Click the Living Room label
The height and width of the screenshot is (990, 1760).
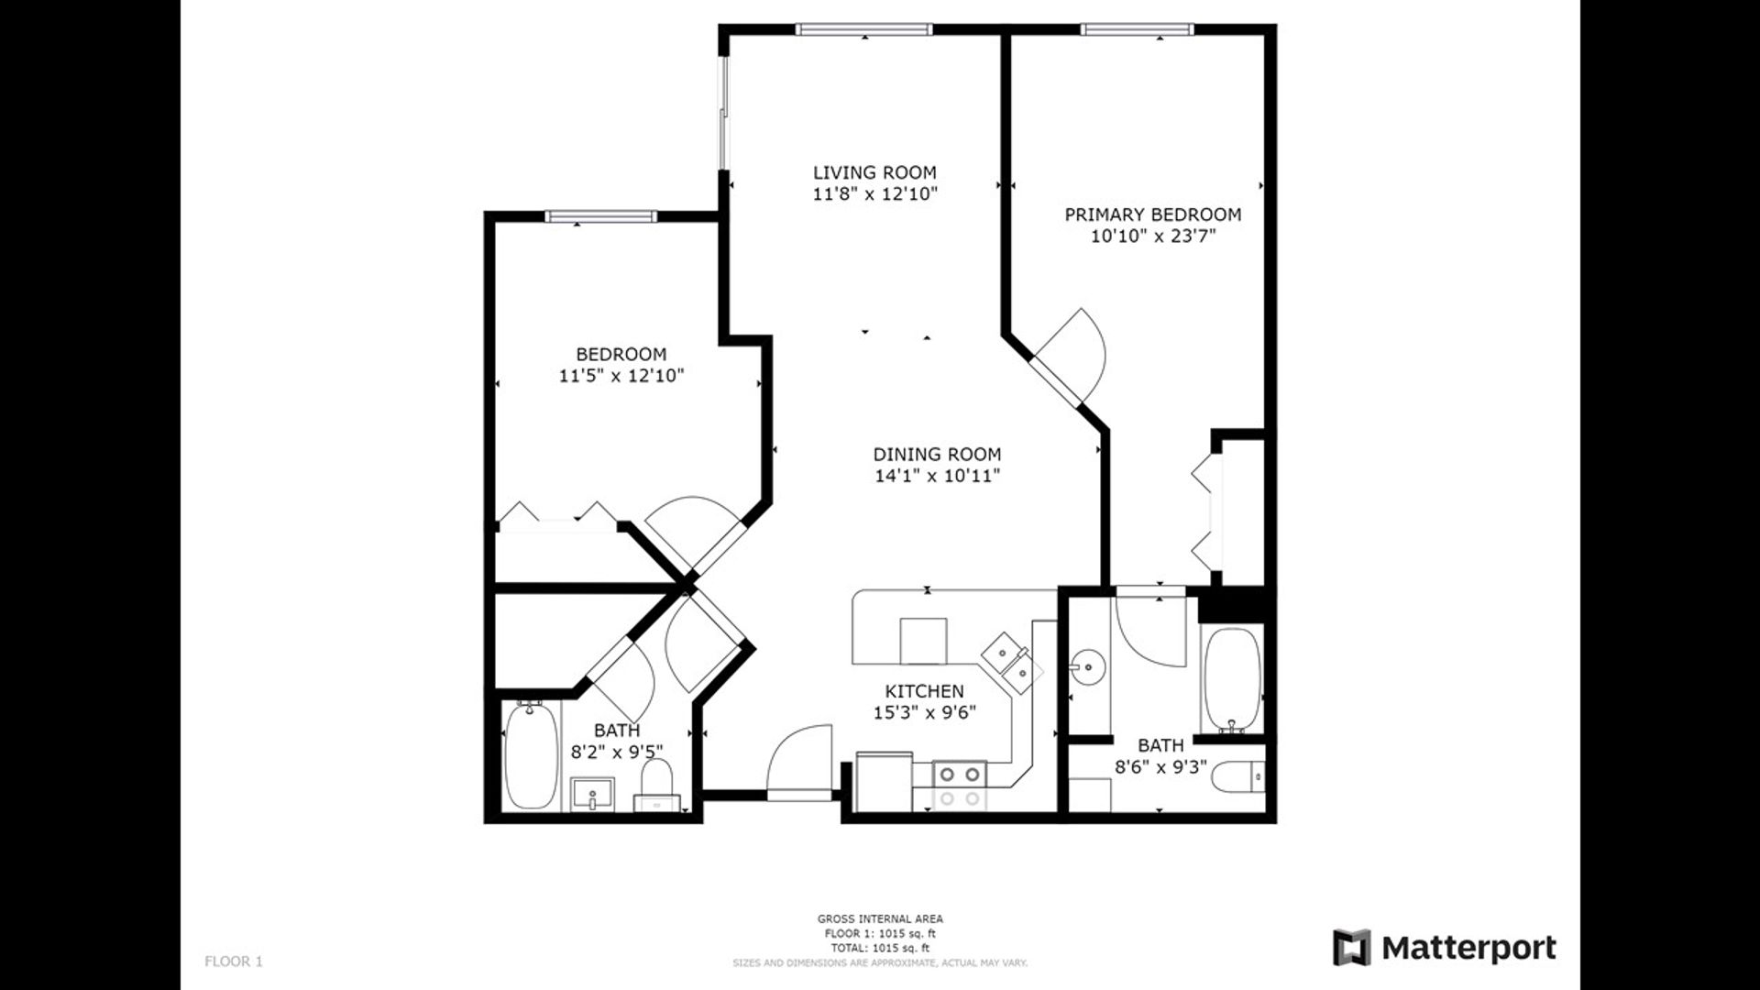click(874, 172)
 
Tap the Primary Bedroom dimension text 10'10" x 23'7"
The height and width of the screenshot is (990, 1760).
click(1153, 236)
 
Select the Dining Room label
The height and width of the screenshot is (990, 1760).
click(937, 454)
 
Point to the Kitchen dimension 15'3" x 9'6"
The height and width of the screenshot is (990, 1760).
click(924, 713)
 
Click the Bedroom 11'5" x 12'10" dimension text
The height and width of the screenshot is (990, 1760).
click(621, 376)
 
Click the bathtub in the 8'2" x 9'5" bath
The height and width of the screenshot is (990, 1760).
click(531, 756)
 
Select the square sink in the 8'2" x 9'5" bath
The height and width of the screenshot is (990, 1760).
click(593, 795)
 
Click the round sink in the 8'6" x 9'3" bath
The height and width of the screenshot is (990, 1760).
click(1088, 665)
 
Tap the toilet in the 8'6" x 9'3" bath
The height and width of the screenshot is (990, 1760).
click(1238, 778)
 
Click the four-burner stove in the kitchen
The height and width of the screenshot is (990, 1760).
click(959, 786)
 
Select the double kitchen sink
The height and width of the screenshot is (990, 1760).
click(1013, 662)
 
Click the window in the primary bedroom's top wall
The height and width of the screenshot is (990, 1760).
click(1138, 29)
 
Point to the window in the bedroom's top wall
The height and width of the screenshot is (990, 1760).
click(601, 216)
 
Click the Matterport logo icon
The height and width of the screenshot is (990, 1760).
click(1351, 948)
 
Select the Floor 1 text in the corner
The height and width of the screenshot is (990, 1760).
click(234, 962)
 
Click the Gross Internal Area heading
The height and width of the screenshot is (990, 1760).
click(880, 918)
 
